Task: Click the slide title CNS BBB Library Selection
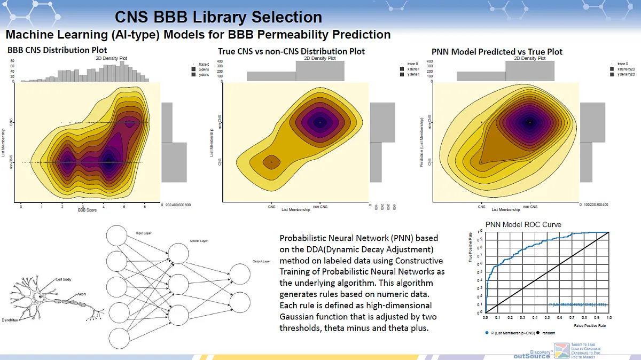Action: pyautogui.click(x=218, y=17)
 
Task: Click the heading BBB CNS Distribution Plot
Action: pyautogui.click(x=57, y=50)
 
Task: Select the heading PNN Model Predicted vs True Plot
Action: pyautogui.click(x=497, y=52)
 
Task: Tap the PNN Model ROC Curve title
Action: pyautogui.click(x=523, y=224)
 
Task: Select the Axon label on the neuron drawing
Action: pyautogui.click(x=81, y=294)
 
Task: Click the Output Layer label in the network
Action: pyautogui.click(x=262, y=262)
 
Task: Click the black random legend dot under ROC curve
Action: pyautogui.click(x=538, y=333)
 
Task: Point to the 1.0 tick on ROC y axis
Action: pyautogui.click(x=480, y=231)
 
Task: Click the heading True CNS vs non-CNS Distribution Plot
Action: pyautogui.click(x=291, y=51)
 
